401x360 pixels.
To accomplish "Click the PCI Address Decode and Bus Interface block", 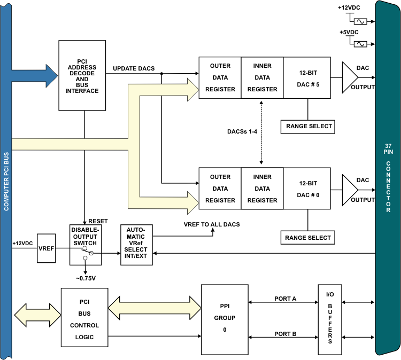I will click(82, 75).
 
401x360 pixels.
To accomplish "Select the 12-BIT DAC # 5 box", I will click(307, 77).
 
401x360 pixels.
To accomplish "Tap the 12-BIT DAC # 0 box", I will click(307, 189).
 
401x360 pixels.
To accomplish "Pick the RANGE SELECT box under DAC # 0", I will click(308, 238).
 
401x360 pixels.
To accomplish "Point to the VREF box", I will click(47, 248).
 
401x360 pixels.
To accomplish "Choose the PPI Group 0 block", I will click(225, 319).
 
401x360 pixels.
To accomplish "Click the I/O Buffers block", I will click(330, 319).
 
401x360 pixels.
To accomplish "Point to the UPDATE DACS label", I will click(134, 69).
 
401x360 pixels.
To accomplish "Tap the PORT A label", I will click(286, 299).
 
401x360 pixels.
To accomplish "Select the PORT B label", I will click(286, 334).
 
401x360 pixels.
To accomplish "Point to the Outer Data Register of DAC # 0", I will click(220, 189).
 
